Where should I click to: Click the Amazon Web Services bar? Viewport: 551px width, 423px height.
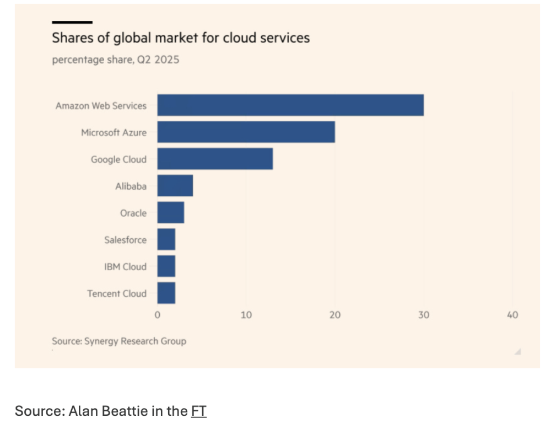[290, 105]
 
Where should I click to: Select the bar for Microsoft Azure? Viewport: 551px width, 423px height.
[246, 132]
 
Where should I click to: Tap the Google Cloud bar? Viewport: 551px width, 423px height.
[215, 159]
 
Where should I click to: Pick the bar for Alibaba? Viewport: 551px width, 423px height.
[175, 186]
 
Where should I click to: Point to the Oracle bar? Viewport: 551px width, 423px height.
[171, 212]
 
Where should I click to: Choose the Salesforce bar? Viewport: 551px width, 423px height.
[166, 239]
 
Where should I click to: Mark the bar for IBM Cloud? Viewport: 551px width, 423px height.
[166, 266]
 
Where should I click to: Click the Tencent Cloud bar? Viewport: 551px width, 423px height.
[166, 293]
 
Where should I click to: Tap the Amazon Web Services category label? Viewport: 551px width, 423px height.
[101, 105]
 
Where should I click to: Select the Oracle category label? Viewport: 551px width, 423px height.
[133, 213]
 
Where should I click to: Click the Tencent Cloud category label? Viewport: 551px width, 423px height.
[117, 293]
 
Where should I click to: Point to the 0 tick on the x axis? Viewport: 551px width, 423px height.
[158, 315]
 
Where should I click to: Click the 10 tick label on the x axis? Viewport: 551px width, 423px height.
[246, 315]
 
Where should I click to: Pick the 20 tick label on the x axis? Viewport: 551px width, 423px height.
[335, 315]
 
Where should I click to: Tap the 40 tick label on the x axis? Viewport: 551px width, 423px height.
[512, 315]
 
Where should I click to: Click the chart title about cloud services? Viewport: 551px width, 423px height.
[181, 38]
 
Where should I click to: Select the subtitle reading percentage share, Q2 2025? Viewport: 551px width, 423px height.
[116, 60]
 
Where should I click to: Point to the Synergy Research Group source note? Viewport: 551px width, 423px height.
[119, 341]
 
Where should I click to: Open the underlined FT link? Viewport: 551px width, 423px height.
[198, 411]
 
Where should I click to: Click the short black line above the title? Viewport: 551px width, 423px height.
[72, 22]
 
